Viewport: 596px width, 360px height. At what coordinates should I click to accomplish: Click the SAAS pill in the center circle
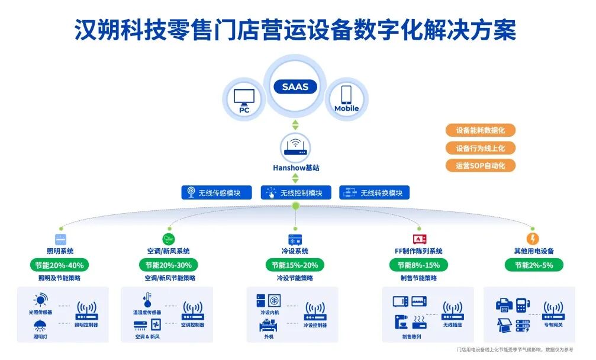click(295, 86)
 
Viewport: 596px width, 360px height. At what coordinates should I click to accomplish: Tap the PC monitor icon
click(244, 97)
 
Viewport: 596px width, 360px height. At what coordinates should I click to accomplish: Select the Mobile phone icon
click(346, 95)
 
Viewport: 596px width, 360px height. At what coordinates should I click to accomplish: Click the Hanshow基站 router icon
click(295, 146)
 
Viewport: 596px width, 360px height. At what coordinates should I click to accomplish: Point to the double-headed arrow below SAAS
click(295, 124)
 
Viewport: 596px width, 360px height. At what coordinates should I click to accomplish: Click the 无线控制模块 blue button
click(295, 192)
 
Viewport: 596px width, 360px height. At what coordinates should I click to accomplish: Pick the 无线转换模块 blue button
click(375, 192)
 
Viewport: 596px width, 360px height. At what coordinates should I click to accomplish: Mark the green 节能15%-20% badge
click(295, 265)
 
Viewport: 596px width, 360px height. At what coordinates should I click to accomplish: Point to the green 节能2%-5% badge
click(533, 265)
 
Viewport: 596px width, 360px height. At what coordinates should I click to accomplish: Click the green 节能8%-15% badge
click(418, 265)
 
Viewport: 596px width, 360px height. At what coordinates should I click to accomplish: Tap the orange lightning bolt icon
click(533, 239)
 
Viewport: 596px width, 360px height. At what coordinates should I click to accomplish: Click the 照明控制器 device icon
click(86, 310)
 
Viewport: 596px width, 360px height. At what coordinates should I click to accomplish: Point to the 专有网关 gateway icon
click(553, 310)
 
